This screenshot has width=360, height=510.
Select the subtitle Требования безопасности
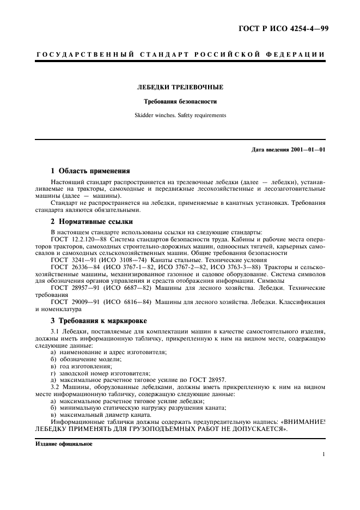tap(180, 101)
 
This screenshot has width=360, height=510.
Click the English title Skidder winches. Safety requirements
tap(180, 115)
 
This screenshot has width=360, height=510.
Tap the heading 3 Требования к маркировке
tap(98, 320)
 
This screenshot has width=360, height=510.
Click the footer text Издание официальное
tap(64, 444)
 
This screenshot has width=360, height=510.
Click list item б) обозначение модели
tap(86, 359)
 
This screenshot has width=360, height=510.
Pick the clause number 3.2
tap(56, 387)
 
